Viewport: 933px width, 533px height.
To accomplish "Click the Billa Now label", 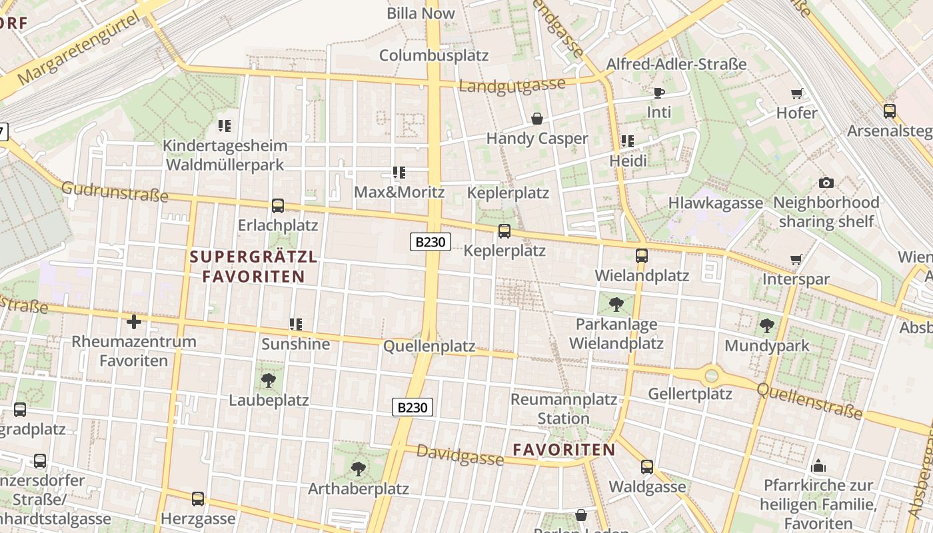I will (x=421, y=13).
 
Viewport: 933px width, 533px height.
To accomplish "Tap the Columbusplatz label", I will (x=434, y=55).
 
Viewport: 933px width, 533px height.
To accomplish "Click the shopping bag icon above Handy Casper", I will (x=537, y=119).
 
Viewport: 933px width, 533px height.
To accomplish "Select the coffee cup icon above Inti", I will (x=659, y=93).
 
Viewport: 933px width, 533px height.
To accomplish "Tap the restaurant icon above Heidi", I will (x=628, y=141).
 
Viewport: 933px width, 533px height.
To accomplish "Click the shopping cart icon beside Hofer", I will (x=796, y=93).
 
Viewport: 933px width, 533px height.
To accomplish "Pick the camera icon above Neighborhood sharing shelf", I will (x=826, y=183).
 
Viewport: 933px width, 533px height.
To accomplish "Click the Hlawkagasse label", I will (x=716, y=203).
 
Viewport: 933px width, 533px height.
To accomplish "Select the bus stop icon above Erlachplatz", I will (x=278, y=206).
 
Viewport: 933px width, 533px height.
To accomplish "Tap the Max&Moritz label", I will (x=399, y=193).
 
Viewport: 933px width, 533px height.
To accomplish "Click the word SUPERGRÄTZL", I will (x=254, y=257).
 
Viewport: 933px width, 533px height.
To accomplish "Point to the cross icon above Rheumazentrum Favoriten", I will (x=134, y=322).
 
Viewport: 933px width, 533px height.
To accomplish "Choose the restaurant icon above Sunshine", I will (x=296, y=324).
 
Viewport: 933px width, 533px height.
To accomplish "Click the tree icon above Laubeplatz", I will (x=269, y=380).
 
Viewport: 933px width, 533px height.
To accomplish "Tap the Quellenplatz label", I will (x=429, y=346).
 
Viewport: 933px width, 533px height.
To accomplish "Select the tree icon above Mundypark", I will (x=767, y=326).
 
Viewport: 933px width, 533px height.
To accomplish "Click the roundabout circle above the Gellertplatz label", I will (x=712, y=376).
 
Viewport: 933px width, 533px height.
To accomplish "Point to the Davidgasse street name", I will (x=460, y=455).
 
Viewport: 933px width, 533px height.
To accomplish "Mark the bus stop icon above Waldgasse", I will (x=647, y=467).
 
